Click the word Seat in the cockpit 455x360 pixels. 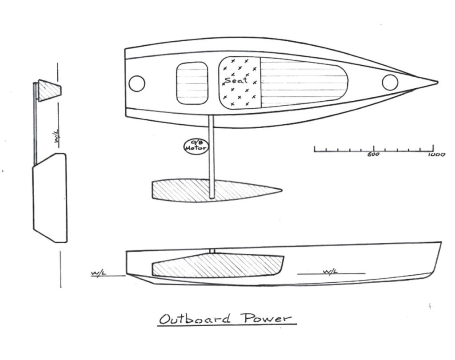click(236, 80)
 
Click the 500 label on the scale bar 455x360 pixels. click(373, 154)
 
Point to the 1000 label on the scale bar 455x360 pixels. click(436, 154)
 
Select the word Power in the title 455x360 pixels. click(267, 318)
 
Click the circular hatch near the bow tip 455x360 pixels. click(390, 82)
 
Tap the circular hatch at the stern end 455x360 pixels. click(137, 83)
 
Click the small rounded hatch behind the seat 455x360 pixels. click(192, 83)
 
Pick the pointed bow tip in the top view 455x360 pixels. click(437, 83)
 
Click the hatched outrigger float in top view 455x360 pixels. click(216, 190)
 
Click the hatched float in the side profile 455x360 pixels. click(218, 265)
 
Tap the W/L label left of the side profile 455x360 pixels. click(99, 273)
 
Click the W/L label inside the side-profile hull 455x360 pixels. click(330, 272)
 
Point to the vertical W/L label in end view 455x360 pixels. click(57, 136)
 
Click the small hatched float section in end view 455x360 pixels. click(50, 91)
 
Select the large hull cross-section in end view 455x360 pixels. click(50, 198)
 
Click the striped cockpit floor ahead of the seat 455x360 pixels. click(304, 83)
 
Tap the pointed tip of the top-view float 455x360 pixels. click(281, 190)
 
